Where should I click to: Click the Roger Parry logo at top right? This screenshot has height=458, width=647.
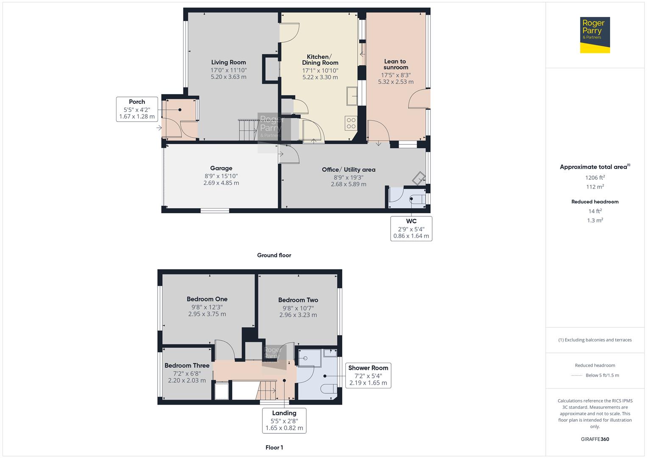click(x=595, y=35)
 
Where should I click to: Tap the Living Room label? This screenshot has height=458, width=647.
click(x=228, y=62)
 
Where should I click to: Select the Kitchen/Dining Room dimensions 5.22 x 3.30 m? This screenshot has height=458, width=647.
click(x=320, y=77)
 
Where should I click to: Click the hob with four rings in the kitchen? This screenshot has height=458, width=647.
click(x=351, y=123)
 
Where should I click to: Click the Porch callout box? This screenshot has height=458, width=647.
click(x=137, y=109)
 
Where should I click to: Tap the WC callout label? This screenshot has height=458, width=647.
click(x=411, y=221)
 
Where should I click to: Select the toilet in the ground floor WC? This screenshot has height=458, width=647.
click(x=419, y=199)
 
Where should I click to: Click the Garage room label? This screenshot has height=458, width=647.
click(x=221, y=168)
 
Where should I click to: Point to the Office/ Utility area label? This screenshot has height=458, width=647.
click(x=348, y=170)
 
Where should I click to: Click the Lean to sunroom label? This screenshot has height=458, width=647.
click(x=395, y=64)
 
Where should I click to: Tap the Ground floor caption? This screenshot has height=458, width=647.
click(x=274, y=255)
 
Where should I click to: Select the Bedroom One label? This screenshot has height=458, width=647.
click(x=207, y=299)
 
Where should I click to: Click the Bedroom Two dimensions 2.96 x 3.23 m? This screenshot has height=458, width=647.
click(x=298, y=315)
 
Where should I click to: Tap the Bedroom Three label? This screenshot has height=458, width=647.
click(x=187, y=366)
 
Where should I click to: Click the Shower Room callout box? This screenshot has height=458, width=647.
click(x=368, y=375)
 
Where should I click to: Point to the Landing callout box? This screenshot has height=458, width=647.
click(x=284, y=420)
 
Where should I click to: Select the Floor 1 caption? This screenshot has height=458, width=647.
click(x=274, y=447)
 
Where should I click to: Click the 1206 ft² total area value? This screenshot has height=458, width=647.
click(x=595, y=178)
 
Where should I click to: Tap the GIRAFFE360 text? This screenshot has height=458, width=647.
click(x=595, y=439)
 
